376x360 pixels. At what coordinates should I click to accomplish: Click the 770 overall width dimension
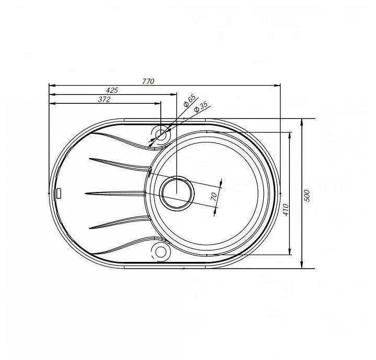point(148,81)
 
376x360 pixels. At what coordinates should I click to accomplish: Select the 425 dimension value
point(112,90)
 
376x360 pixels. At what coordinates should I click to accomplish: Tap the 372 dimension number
point(104,99)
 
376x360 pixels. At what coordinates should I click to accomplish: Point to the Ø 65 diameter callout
point(189,101)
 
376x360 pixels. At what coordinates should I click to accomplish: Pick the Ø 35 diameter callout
point(201,107)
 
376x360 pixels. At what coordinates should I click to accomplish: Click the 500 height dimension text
point(307,196)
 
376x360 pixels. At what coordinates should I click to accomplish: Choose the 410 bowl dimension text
point(286,210)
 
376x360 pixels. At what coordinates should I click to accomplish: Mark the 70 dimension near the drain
point(214,196)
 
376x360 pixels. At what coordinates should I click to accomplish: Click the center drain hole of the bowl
point(177,191)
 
